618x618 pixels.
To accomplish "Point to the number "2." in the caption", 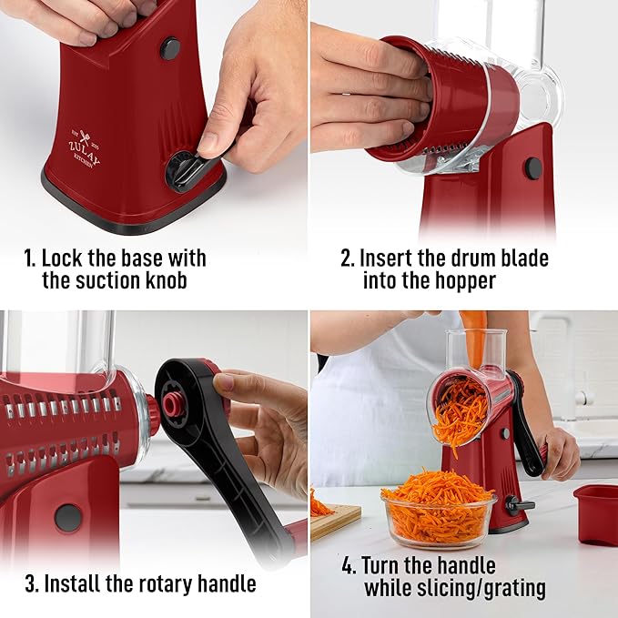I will pyautogui.click(x=348, y=258).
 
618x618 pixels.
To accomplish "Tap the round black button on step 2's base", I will pyautogui.click(x=533, y=167).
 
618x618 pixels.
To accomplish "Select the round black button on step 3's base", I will pyautogui.click(x=67, y=517).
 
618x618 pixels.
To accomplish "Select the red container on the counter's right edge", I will pyautogui.click(x=595, y=513).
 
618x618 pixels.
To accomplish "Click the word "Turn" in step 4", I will pyautogui.click(x=386, y=566).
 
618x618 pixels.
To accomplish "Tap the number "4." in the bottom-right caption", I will pyautogui.click(x=350, y=566).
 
